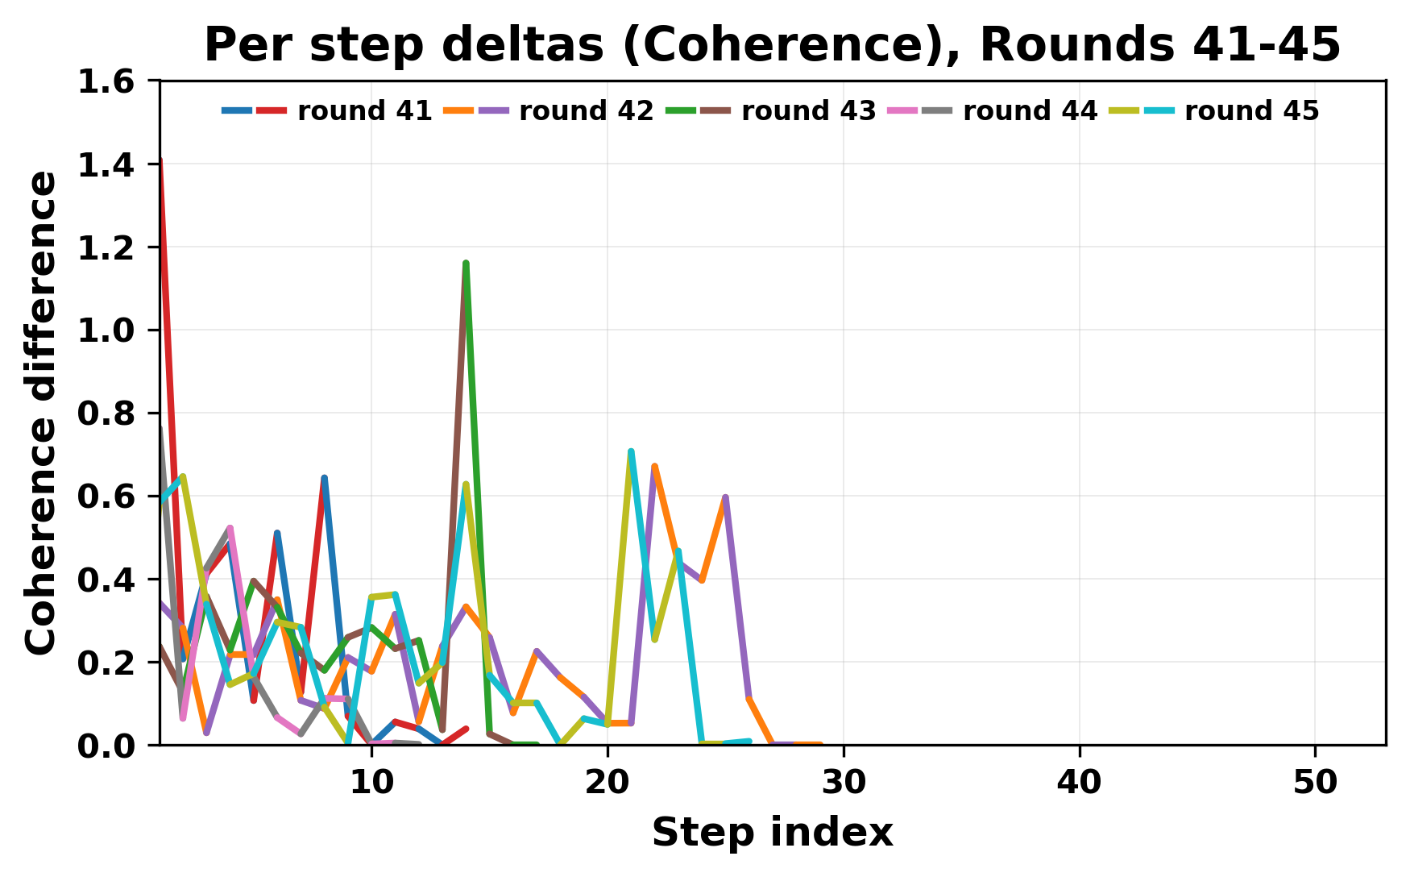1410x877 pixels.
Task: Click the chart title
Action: coord(772,45)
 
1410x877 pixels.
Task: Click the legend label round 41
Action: coord(364,111)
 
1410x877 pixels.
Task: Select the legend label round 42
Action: coord(586,111)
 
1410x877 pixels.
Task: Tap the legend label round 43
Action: coord(808,111)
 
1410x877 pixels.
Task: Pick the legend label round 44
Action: coord(1030,111)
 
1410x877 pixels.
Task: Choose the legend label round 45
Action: coord(1251,111)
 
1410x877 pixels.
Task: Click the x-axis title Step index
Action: coord(772,833)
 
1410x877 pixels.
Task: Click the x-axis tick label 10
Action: coord(371,783)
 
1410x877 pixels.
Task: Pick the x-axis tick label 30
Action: coord(843,783)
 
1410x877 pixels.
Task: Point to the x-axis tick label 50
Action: coord(1315,783)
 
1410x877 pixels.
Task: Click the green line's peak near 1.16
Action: coord(466,264)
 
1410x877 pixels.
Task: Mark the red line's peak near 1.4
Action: coord(161,161)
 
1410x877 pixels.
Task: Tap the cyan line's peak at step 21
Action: coord(631,451)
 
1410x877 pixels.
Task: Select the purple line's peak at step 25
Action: coord(726,497)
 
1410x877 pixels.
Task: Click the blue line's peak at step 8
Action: coord(324,478)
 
